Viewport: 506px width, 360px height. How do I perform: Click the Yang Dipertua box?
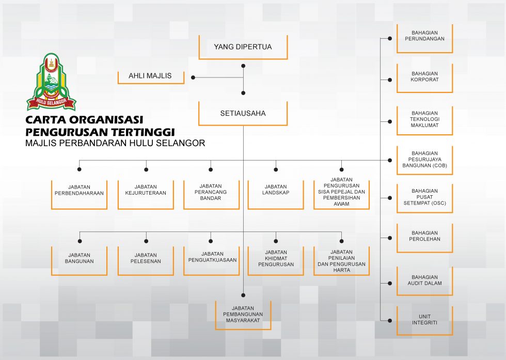[243, 47]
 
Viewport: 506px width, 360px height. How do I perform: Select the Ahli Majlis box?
[151, 77]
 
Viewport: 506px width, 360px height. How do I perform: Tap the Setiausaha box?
[243, 113]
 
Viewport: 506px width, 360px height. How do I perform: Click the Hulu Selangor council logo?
[51, 82]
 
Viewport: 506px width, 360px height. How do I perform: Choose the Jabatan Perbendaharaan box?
[79, 195]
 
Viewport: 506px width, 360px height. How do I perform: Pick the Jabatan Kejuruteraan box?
[146, 195]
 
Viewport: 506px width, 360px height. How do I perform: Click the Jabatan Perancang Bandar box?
[211, 195]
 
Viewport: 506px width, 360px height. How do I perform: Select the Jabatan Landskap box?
[276, 195]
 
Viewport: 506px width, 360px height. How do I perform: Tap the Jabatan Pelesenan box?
[146, 261]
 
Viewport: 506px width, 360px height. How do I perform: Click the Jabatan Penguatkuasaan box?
[211, 261]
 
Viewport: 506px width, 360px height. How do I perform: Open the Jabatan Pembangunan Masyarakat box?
[243, 316]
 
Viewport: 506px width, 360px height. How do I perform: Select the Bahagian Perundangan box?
[424, 38]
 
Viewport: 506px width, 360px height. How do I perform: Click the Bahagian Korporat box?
[424, 78]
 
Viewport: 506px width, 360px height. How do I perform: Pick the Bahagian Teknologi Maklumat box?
[424, 120]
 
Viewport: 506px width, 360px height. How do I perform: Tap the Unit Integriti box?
[424, 321]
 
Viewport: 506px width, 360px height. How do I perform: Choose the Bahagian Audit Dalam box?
[424, 281]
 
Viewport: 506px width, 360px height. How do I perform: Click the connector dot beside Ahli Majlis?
[193, 77]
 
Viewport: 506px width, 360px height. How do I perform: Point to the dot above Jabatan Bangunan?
[80, 241]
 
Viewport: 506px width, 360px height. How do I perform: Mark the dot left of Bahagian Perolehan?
[390, 238]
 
